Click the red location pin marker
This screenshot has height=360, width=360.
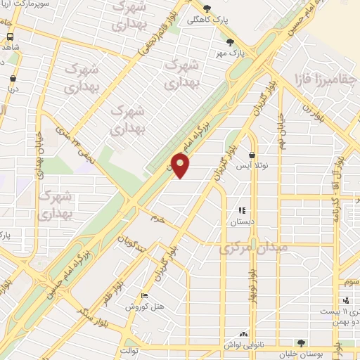point(181,166)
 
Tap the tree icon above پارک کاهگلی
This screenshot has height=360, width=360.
point(207,8)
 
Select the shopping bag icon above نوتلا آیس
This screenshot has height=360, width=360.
point(252,155)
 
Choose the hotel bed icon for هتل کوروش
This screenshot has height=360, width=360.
point(145,296)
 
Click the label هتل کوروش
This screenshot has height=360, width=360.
point(144,307)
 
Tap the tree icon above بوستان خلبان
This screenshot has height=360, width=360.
point(302,342)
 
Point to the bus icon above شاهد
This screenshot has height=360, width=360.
point(10,36)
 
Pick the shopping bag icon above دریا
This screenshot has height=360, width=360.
point(14,79)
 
